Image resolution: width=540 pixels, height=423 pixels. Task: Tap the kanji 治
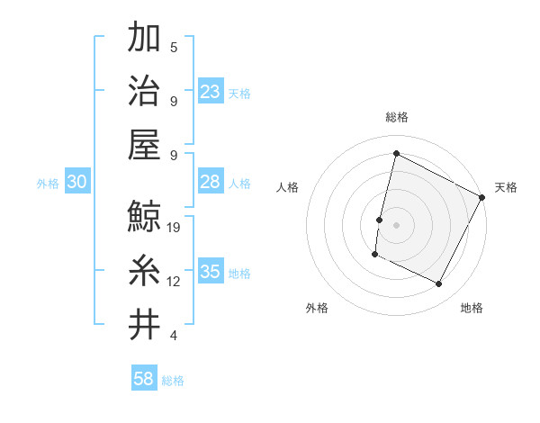[x=144, y=90]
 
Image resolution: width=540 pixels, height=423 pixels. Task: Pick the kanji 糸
[x=144, y=270]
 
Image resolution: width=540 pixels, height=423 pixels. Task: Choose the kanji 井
[x=144, y=324]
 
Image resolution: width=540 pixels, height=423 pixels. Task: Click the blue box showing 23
[x=211, y=91]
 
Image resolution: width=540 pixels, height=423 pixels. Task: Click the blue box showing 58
[x=144, y=379]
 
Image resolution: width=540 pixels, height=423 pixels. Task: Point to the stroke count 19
[x=174, y=228]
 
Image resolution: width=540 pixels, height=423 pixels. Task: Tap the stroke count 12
[x=174, y=282]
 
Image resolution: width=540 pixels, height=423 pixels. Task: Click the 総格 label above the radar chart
[x=396, y=117]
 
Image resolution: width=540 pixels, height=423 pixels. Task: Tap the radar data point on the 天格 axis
[x=482, y=198]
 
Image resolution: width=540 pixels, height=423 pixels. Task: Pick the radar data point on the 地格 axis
[x=439, y=284]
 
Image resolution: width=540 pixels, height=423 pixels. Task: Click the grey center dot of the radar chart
[x=396, y=224]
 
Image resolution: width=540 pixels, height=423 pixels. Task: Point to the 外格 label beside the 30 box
[x=48, y=184]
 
